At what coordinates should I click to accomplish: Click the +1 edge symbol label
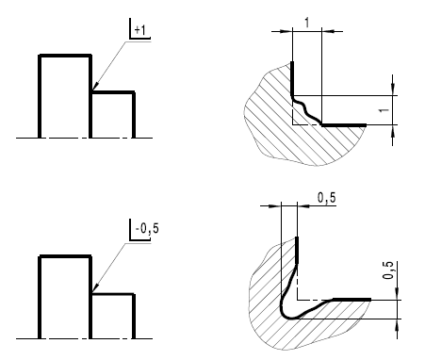click(140, 30)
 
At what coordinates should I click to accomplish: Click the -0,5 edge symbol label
click(147, 228)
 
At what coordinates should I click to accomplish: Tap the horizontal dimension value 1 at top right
click(307, 23)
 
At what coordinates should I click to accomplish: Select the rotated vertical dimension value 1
click(384, 110)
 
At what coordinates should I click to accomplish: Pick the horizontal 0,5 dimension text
click(327, 198)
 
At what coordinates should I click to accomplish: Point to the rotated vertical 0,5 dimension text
click(389, 270)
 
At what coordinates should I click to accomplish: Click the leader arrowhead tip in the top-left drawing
click(93, 90)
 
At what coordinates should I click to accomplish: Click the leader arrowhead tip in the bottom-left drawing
click(93, 291)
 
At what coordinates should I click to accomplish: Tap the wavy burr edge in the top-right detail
click(305, 109)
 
